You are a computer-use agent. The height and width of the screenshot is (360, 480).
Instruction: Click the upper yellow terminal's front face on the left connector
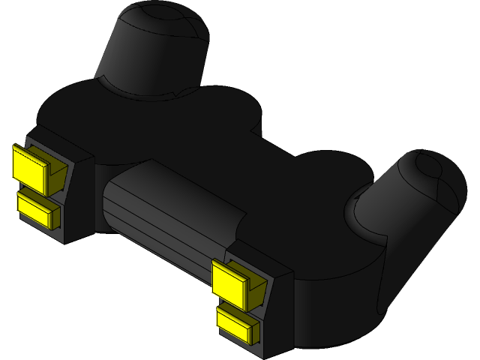point(28,164)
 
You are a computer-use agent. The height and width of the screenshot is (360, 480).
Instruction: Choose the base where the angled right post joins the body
point(360,217)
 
